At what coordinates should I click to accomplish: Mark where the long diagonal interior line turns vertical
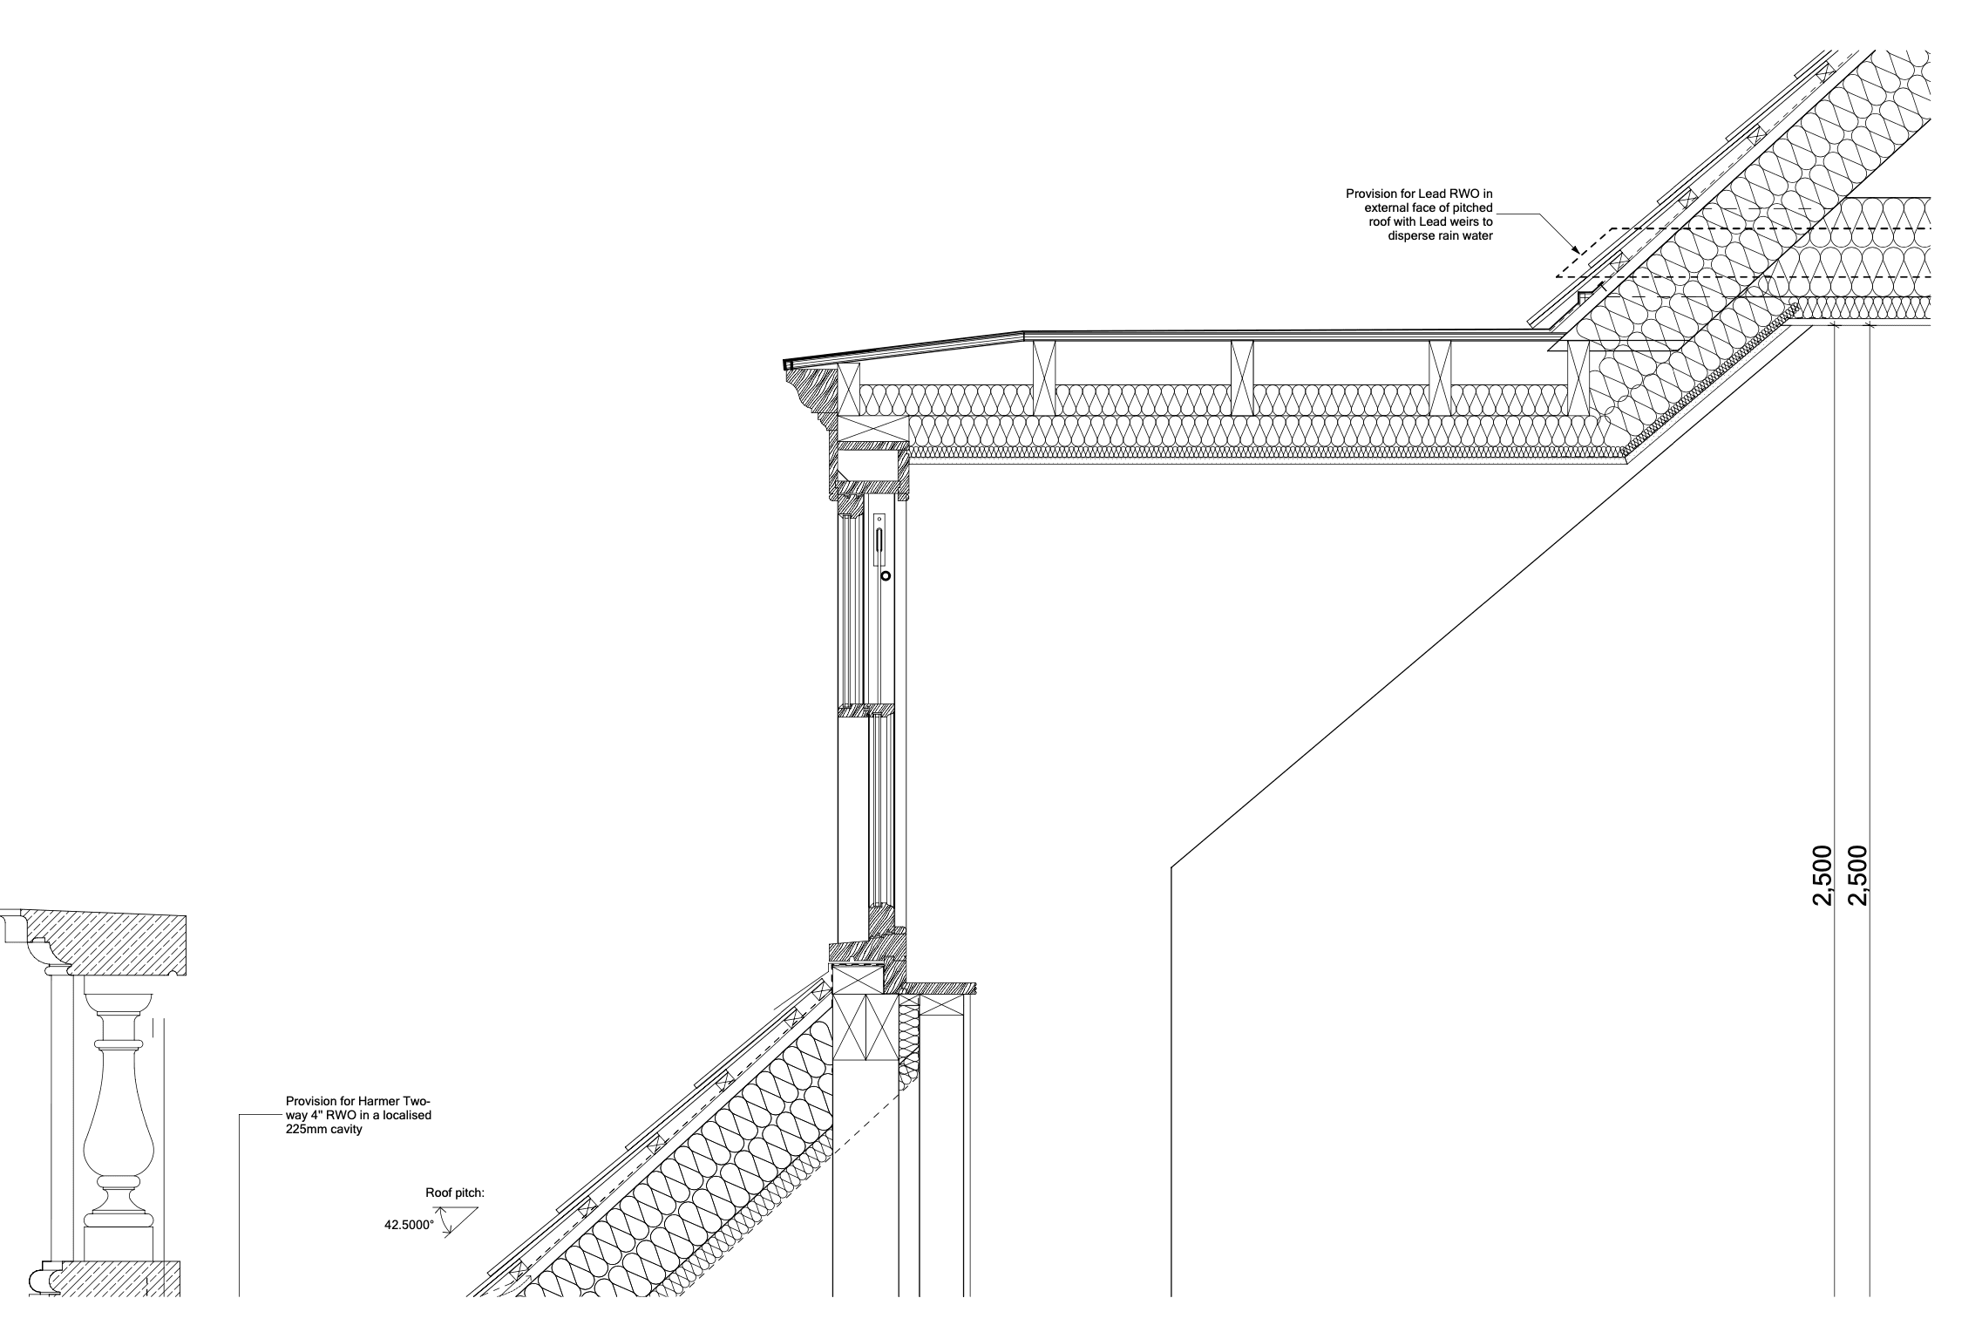(x=1171, y=867)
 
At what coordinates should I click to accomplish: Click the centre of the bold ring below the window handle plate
(x=886, y=576)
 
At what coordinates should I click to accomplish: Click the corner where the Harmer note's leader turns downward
(x=240, y=1115)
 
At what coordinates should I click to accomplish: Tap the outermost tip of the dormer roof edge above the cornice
(x=784, y=364)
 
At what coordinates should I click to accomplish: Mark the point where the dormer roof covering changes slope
(x=1022, y=332)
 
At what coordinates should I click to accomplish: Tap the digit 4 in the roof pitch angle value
(x=388, y=1225)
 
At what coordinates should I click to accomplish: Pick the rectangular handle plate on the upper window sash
(x=879, y=540)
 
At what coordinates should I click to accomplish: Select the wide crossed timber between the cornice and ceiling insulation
(x=872, y=428)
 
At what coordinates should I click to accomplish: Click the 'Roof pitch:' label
(x=454, y=1193)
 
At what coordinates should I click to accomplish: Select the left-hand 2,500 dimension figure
(x=1821, y=876)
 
